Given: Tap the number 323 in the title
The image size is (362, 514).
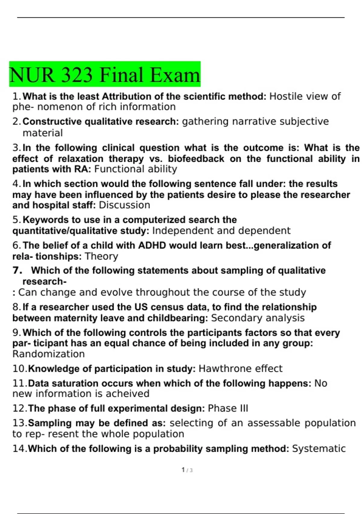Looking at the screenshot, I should click(77, 75).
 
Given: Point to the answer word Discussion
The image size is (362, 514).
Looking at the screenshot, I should click(124, 205).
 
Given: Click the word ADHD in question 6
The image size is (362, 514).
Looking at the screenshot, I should click(152, 245).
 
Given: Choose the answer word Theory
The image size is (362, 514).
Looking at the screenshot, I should click(101, 256).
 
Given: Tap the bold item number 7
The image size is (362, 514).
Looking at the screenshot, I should click(17, 270).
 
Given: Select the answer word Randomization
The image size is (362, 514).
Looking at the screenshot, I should click(49, 354).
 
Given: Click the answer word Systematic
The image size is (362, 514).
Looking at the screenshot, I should click(319, 449).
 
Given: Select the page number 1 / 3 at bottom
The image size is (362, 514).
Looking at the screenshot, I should click(187, 470).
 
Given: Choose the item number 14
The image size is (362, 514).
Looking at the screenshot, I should click(19, 449).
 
